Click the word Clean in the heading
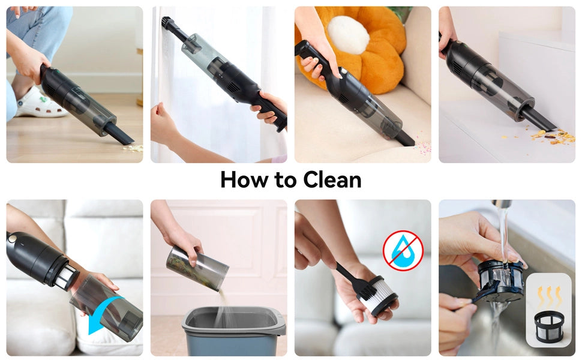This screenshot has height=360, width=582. tap(332, 180)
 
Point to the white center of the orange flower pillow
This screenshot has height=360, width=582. tap(348, 35)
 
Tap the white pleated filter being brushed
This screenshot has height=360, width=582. tap(377, 296)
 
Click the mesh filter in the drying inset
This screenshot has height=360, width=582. tap(549, 326)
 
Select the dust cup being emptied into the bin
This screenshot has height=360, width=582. tap(197, 268)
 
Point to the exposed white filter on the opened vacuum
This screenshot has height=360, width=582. tap(67, 275)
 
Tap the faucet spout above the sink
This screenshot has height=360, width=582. tap(502, 204)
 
